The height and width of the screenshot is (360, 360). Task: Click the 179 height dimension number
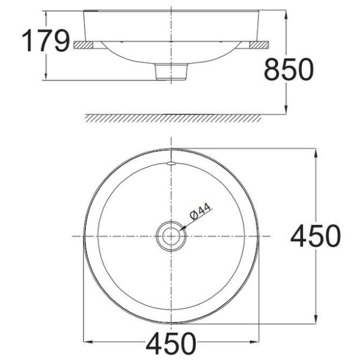pos(45,40)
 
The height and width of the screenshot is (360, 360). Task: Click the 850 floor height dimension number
pos(289,69)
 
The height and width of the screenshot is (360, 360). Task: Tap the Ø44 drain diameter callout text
pos(200,211)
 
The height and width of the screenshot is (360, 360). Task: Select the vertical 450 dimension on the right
pos(315,236)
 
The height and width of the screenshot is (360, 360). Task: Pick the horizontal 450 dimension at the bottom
pos(171,343)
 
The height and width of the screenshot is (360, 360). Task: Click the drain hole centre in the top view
pos(171,236)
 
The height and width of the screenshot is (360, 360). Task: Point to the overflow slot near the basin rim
pos(171,164)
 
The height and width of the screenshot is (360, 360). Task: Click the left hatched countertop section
pos(83,45)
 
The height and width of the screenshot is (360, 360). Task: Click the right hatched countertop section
pos(259,45)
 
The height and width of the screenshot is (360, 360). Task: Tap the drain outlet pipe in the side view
pos(171,72)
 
